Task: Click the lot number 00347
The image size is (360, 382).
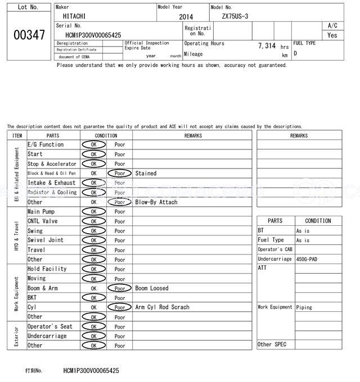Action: point(29,35)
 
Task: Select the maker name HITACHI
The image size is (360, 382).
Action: point(71,17)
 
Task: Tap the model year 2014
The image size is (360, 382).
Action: point(186,17)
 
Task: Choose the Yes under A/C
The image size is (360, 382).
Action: point(332,35)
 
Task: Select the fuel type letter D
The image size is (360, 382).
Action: point(295,53)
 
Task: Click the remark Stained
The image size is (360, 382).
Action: point(146,174)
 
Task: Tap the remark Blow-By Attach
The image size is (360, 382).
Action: point(156,202)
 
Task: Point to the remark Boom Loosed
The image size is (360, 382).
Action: point(151,288)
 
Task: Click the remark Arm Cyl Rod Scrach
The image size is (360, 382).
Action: point(162,307)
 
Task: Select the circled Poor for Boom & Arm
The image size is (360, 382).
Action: point(120,288)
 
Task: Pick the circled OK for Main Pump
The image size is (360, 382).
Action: point(93,212)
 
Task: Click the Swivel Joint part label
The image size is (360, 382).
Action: point(46,240)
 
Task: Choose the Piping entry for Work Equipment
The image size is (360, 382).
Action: point(304,307)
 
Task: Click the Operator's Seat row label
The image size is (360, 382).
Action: point(50,326)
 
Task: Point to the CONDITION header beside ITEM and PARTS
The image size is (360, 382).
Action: point(106,135)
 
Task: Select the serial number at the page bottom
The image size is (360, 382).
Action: point(91,371)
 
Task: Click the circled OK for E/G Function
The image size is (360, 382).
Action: point(93,145)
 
